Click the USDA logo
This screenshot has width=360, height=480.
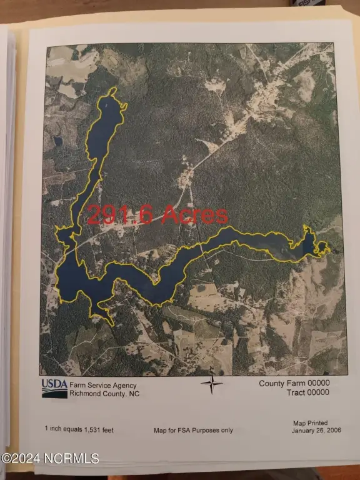54,388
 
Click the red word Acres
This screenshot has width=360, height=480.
194,216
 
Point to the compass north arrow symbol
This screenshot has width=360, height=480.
212,384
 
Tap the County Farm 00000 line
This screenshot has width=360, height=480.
294,383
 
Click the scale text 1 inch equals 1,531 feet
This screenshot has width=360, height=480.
79,429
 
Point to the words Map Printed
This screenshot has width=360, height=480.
310,423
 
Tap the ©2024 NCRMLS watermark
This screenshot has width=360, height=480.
50,458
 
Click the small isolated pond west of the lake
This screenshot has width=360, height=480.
58,142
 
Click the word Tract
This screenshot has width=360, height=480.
294,392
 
